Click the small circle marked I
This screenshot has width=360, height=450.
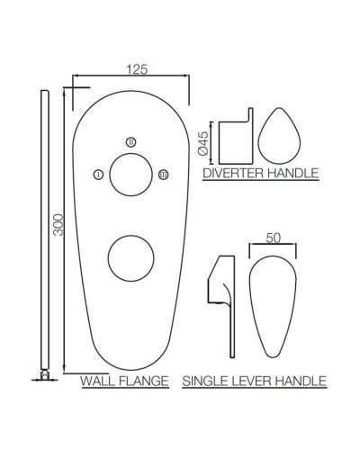[97, 175]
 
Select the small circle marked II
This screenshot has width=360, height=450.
[130, 142]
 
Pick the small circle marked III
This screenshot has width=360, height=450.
[162, 175]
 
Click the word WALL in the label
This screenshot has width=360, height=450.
[98, 382]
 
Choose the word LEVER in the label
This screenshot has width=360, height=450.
[252, 382]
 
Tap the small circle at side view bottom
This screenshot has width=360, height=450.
[43, 377]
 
